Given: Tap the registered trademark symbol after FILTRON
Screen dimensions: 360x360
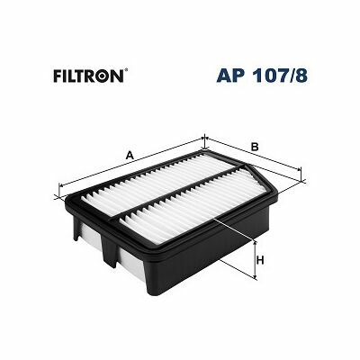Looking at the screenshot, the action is (x=126, y=71).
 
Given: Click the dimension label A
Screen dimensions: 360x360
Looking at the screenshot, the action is (x=130, y=156).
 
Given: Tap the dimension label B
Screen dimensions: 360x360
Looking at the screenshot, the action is (x=255, y=147).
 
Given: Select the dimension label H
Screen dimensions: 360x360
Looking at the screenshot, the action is (x=260, y=260).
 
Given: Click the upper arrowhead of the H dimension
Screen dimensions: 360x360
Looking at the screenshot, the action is (x=255, y=244).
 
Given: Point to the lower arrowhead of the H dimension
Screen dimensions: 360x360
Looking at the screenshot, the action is (x=255, y=275).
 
